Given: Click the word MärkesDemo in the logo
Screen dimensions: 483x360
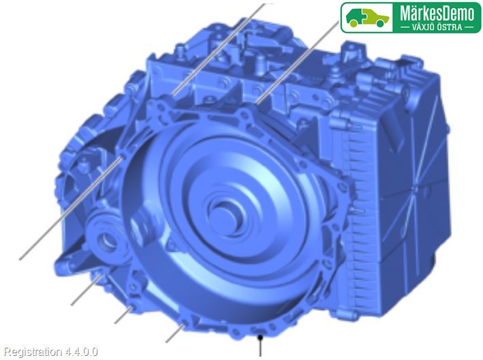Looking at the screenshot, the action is [437, 13].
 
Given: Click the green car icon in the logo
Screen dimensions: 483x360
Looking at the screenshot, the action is [367, 17].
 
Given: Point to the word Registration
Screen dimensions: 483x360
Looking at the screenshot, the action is [33, 352].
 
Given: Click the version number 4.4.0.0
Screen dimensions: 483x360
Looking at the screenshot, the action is [81, 351].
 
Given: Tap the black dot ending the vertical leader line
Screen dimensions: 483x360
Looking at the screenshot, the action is [260, 337].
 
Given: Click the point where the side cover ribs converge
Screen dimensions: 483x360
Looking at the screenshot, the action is [414, 187].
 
